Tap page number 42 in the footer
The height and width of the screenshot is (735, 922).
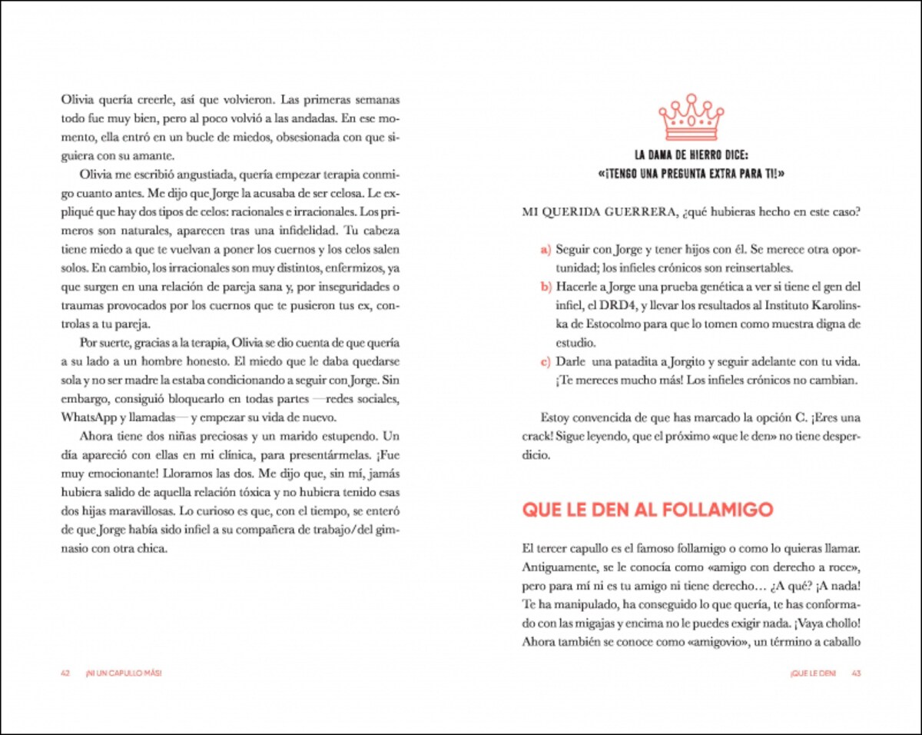(65, 673)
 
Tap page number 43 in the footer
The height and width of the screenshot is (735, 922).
(856, 673)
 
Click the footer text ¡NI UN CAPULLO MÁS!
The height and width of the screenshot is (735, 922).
(124, 673)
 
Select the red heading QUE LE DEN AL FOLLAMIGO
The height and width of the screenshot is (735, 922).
(647, 510)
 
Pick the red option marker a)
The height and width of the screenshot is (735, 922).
(546, 250)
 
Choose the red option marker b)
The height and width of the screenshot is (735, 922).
(546, 287)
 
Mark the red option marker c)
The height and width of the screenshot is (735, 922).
(546, 361)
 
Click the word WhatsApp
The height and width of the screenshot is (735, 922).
(88, 417)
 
